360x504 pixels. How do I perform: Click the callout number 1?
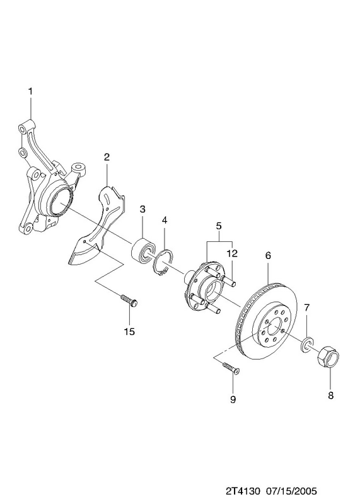coord(30,91)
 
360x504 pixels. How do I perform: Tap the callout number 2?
coord(107,157)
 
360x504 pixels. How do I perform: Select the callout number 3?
coord(142,209)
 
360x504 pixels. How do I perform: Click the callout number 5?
coord(219,226)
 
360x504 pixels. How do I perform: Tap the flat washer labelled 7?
coord(306,343)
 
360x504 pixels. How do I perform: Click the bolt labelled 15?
coord(129,301)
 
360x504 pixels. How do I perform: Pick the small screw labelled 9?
coord(231,368)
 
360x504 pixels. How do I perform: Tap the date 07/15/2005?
coord(291,491)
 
